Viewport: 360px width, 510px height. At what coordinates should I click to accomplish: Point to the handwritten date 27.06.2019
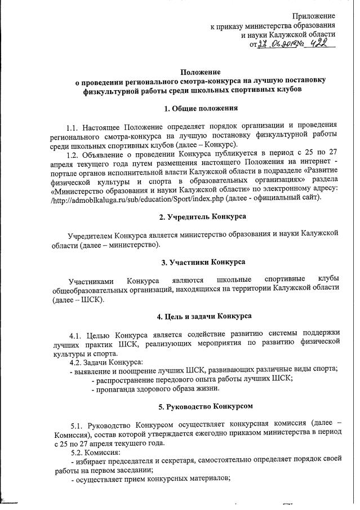point(273,45)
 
